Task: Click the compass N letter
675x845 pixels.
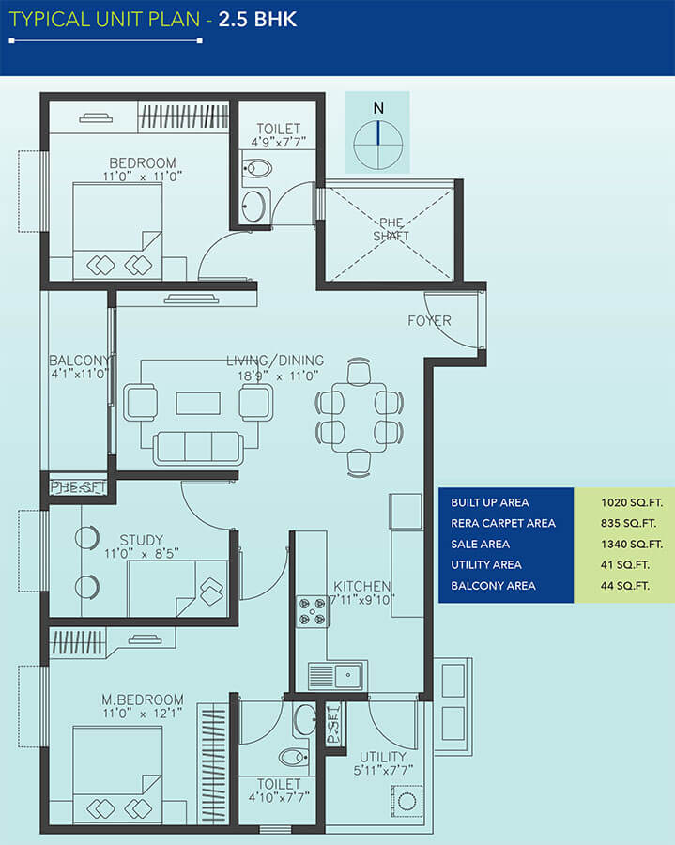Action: [378, 108]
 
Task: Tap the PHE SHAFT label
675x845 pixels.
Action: [391, 229]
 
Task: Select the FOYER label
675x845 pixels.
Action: [429, 321]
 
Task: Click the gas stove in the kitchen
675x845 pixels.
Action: [313, 611]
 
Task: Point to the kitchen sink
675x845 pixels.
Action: [335, 676]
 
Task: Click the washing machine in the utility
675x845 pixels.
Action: [407, 802]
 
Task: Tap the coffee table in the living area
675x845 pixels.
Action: [198, 403]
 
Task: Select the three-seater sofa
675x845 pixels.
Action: [198, 447]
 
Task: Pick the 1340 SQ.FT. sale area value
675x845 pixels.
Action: [632, 545]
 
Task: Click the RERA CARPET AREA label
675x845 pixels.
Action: [503, 523]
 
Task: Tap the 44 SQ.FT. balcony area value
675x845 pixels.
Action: [625, 586]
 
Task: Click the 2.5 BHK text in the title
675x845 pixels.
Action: [257, 20]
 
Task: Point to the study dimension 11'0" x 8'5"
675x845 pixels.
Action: [142, 553]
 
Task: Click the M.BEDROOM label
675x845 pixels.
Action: [143, 699]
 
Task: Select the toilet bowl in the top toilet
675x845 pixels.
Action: [257, 168]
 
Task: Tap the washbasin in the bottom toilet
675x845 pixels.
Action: [305, 719]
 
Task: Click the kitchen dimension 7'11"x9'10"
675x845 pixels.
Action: [362, 599]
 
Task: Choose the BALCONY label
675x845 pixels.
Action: [79, 360]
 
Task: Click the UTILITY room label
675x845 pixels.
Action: [382, 757]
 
